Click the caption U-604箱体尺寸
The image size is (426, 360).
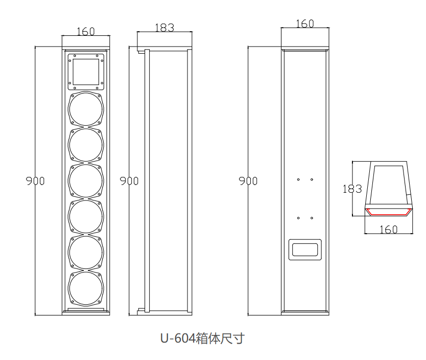click(202, 338)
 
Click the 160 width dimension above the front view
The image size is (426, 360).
click(86, 31)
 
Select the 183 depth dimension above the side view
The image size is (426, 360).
click(164, 28)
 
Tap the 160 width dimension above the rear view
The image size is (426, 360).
click(304, 24)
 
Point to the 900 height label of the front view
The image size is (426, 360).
click(36, 181)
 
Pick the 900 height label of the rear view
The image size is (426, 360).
click(248, 181)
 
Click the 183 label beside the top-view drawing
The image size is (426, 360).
click(352, 189)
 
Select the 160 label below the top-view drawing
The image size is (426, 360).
click(389, 230)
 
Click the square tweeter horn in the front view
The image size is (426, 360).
click(86, 72)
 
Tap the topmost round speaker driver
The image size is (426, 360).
click(86, 108)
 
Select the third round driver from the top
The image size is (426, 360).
click(86, 181)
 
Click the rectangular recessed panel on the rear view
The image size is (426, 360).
click(305, 250)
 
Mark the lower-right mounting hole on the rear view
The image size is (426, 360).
click(312, 217)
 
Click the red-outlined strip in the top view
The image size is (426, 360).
click(389, 212)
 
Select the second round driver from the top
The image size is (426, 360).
click(86, 144)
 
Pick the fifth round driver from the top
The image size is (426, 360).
click(86, 253)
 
